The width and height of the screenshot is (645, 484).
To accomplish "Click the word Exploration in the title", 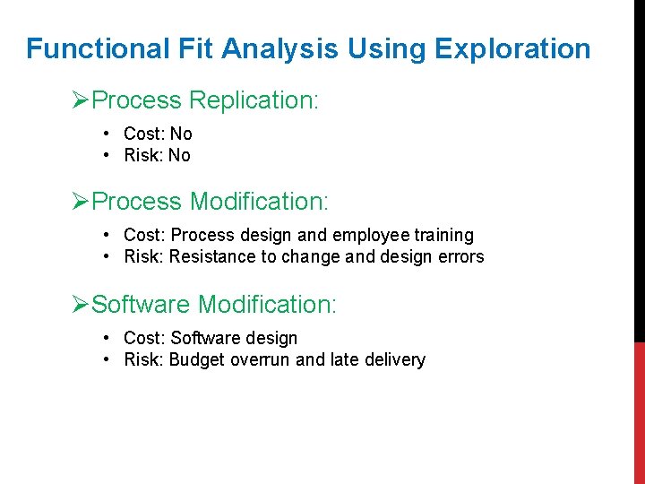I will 515,48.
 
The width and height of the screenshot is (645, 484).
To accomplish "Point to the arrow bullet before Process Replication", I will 81,100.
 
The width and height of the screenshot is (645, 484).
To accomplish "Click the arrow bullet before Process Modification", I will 81,202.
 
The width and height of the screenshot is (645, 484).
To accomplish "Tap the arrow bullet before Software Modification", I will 81,305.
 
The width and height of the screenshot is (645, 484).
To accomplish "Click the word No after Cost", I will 181,134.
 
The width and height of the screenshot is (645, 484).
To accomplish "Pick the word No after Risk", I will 179,156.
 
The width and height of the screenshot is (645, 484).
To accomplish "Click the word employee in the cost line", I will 366,236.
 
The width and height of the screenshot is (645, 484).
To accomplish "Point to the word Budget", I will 196,360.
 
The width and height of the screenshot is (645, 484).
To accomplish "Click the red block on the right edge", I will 639,412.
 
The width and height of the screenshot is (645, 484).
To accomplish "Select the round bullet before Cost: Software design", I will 107,338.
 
